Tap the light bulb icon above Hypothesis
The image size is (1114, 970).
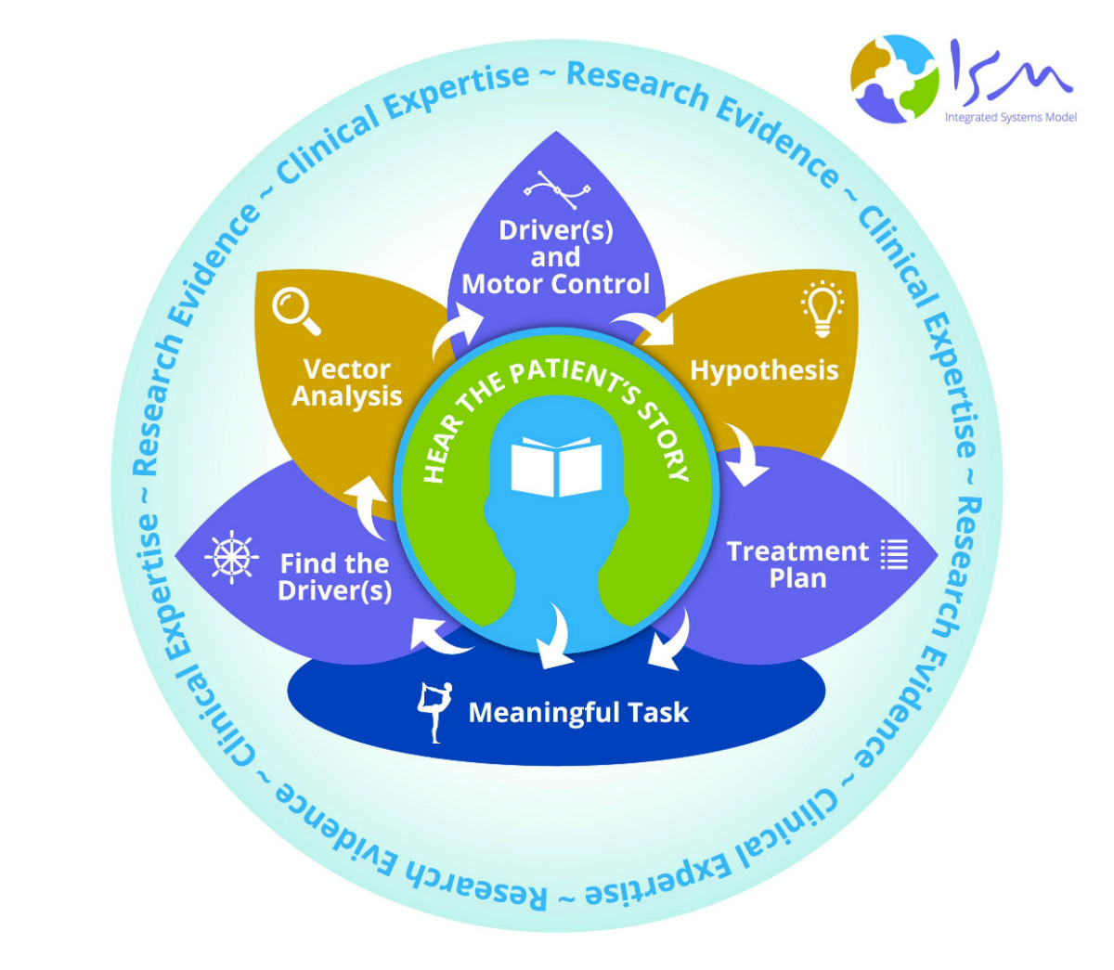822,307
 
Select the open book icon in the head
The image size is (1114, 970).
556,465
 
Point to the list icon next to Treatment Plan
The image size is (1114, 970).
894,553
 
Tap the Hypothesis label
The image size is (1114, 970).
764,370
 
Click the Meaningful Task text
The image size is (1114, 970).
578,712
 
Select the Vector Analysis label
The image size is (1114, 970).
347,382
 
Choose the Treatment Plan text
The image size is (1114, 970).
797,564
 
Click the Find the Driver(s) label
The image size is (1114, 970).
334,576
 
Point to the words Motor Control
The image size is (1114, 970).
556,284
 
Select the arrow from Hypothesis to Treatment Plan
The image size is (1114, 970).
745,454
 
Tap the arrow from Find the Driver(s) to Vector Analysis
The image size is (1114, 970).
369,506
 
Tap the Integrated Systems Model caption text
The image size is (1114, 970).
1010,118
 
